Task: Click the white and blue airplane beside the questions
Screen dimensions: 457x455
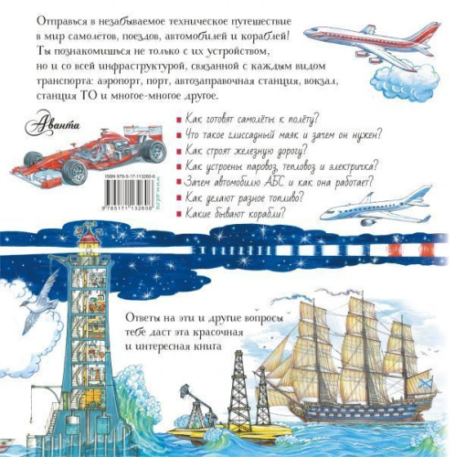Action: (x=384, y=204)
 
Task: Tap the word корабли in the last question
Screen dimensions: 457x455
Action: (x=261, y=213)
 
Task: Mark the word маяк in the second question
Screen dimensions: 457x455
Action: (x=295, y=135)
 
